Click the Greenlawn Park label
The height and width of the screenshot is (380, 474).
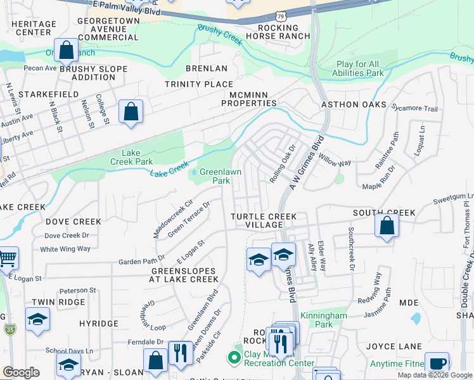[220, 176]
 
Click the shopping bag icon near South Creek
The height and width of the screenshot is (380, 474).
[386, 226]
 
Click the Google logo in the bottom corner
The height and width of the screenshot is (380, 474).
[21, 372]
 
